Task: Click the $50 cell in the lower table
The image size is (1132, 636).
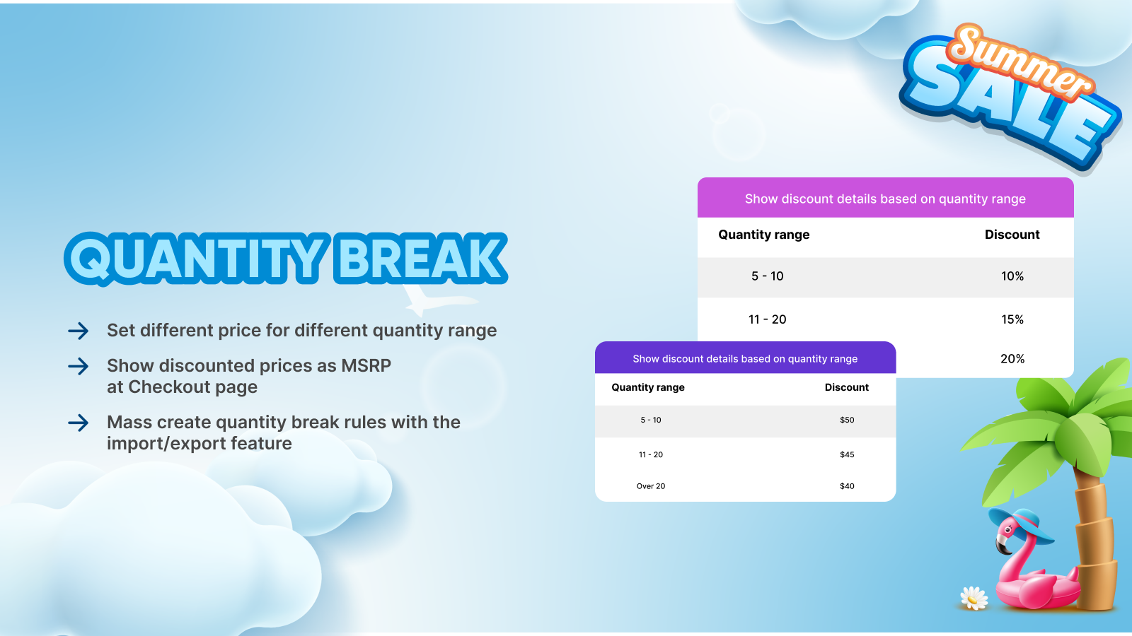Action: pos(847,420)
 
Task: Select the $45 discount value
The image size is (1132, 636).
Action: pos(847,454)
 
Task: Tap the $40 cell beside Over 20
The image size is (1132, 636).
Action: pos(847,486)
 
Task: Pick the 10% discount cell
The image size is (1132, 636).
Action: pos(1012,276)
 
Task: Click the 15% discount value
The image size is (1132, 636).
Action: pos(1012,319)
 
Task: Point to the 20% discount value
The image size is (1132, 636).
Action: pos(1012,359)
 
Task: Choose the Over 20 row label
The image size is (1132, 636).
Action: pos(651,486)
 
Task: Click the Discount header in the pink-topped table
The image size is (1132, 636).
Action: pos(1012,235)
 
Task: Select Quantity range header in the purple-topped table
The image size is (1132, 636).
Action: pos(648,388)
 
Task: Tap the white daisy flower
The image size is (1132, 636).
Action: pos(974,599)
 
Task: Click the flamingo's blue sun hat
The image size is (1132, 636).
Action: pos(1022,527)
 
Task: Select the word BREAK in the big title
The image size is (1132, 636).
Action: pos(420,259)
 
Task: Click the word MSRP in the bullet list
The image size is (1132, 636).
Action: pos(366,365)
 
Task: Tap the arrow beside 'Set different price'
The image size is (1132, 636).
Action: pos(79,331)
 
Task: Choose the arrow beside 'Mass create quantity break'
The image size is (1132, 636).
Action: pos(79,423)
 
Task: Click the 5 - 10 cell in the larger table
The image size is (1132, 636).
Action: pos(767,276)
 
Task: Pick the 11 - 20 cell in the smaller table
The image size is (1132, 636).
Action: pos(651,454)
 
